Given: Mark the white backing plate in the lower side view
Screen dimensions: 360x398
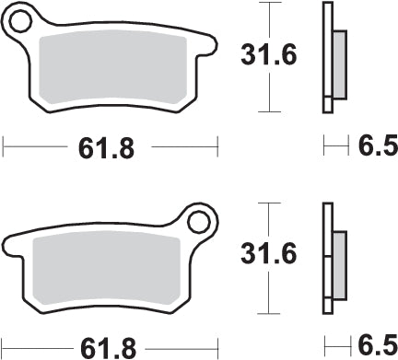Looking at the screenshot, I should (326, 258).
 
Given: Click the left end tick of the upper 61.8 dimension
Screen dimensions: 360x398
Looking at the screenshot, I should (5, 145).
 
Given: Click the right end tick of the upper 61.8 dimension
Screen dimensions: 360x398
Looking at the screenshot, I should (218, 145).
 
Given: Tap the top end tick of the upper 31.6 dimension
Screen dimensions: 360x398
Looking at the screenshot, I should (268, 4).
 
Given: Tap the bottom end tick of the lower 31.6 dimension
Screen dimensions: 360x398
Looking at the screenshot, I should (268, 313).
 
